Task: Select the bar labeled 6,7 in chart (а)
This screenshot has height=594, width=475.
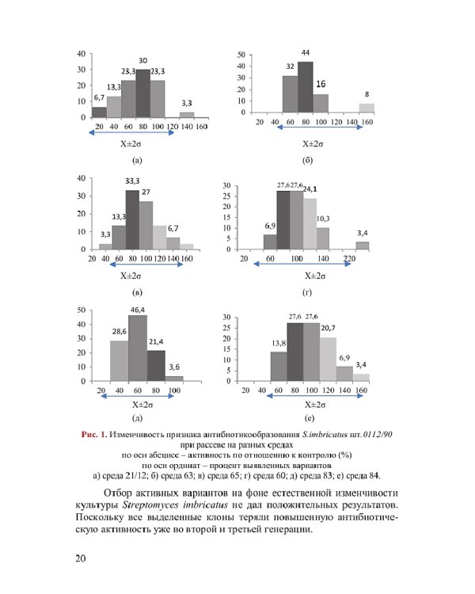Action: (99, 112)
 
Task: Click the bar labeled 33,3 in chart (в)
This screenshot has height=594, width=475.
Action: (132, 219)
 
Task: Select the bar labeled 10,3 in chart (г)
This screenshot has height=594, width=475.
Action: (323, 238)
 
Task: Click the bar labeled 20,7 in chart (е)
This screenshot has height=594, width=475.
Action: (328, 359)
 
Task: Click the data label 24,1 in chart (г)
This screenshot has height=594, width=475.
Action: (310, 189)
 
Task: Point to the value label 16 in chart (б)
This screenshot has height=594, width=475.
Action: (321, 83)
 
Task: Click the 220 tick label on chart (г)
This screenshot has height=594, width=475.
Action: (349, 258)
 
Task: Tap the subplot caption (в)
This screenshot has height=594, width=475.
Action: (137, 294)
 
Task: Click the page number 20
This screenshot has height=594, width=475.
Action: (81, 558)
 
